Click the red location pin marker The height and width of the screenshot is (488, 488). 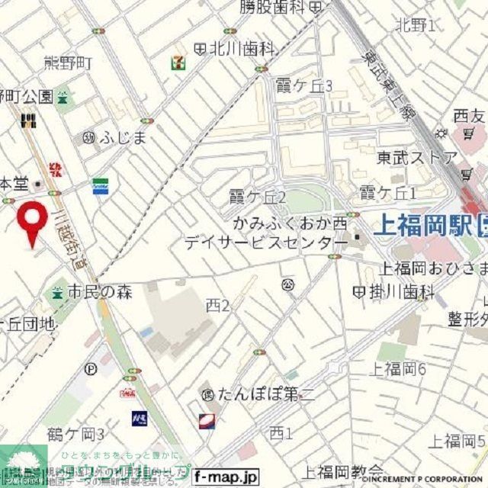[x=32, y=221]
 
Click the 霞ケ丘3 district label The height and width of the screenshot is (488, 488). [x=304, y=85]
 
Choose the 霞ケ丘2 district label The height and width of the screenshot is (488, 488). [x=258, y=198]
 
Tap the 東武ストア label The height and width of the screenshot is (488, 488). [x=417, y=158]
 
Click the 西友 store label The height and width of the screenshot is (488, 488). [x=469, y=117]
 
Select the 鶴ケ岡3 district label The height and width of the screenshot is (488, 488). [x=75, y=435]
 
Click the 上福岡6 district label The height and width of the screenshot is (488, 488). [x=397, y=369]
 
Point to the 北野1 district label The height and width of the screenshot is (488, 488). [x=416, y=25]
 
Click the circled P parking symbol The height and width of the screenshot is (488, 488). [x=91, y=368]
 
